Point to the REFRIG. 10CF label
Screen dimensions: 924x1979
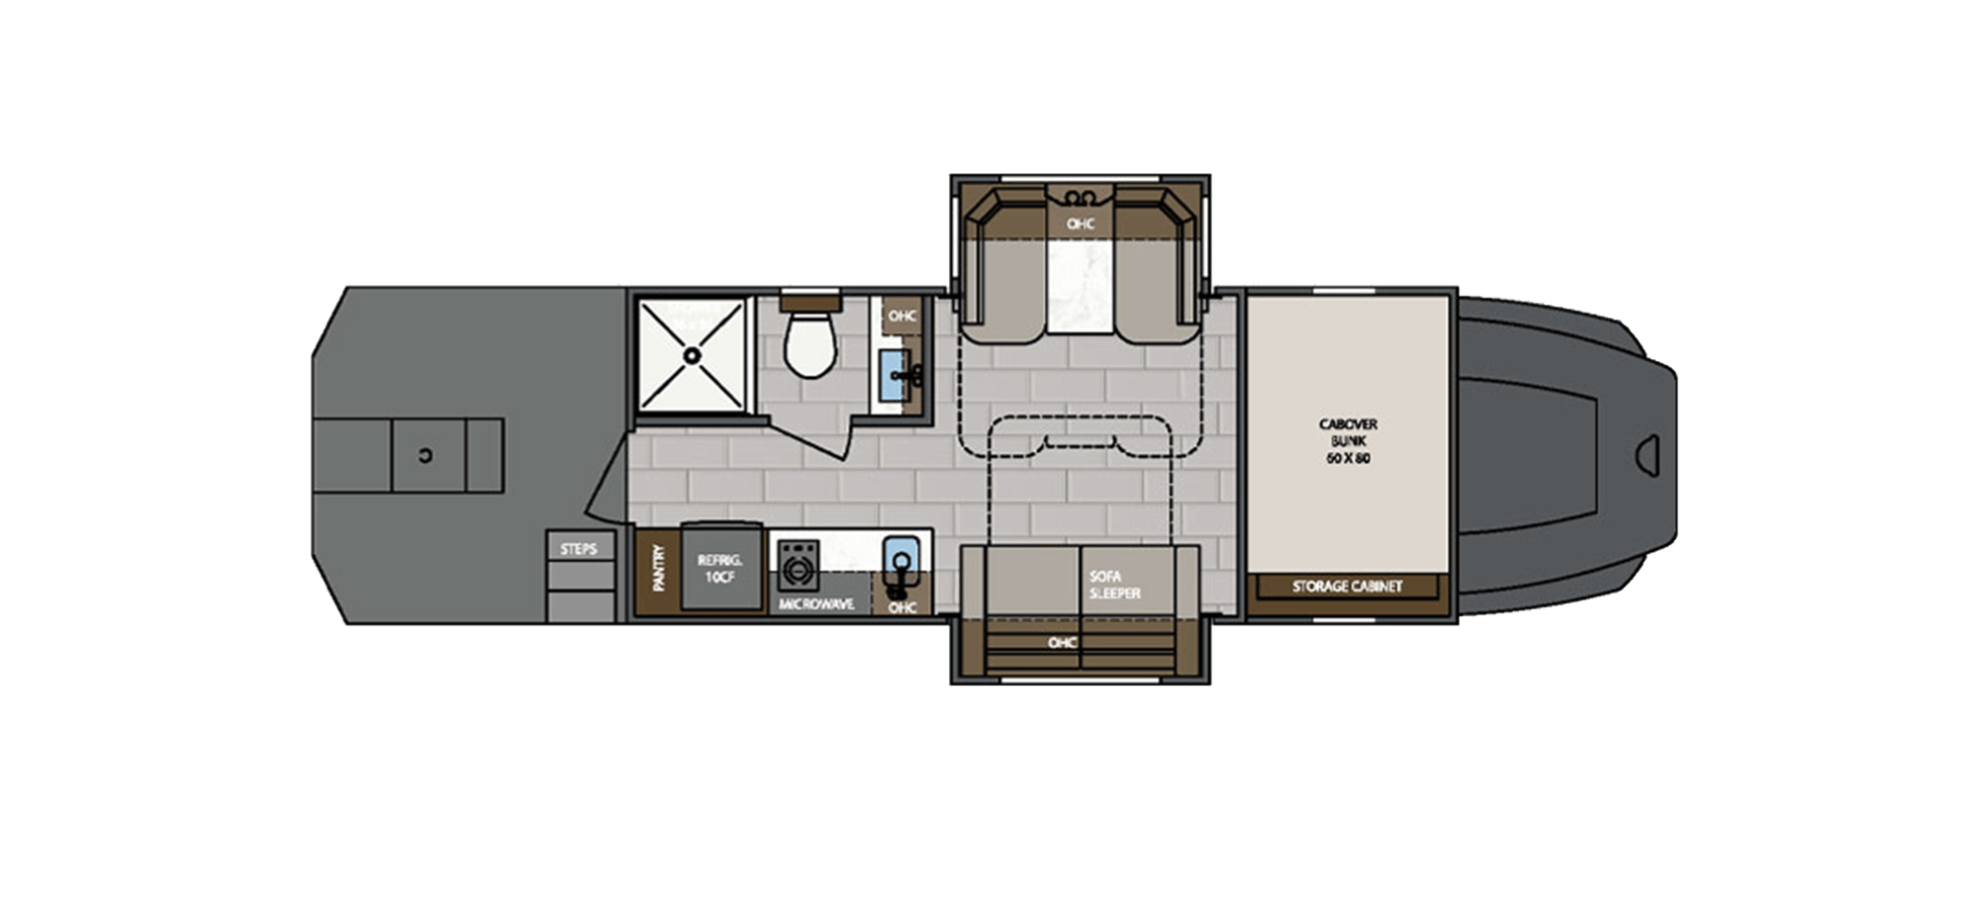(x=720, y=568)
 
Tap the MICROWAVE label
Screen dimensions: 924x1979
(x=816, y=603)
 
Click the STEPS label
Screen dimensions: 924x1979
(x=579, y=548)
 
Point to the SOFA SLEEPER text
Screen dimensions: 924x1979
(x=1115, y=584)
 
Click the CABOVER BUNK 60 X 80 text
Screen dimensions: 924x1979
(x=1347, y=441)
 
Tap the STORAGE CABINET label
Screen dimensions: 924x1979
(x=1347, y=587)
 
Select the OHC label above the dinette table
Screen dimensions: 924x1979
(x=1081, y=224)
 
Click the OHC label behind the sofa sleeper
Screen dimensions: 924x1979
(x=1062, y=643)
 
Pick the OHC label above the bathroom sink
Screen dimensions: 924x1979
(x=901, y=317)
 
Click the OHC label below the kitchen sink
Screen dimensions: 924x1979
(x=901, y=607)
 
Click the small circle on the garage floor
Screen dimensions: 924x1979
(x=425, y=455)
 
